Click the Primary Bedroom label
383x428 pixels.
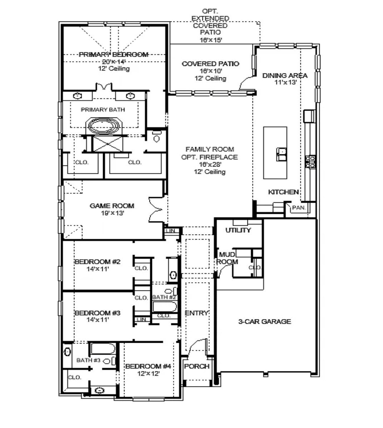pyautogui.click(x=113, y=54)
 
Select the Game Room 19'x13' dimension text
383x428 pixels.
pyautogui.click(x=112, y=213)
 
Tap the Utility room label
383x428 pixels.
pyautogui.click(x=238, y=230)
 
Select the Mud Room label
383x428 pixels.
pyautogui.click(x=227, y=258)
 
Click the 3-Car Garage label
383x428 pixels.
pyautogui.click(x=265, y=321)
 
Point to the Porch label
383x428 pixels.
pyautogui.click(x=196, y=366)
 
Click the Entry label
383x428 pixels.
pyautogui.click(x=196, y=313)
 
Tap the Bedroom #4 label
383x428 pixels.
pyautogui.click(x=148, y=366)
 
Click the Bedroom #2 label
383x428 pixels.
pyautogui.click(x=92, y=262)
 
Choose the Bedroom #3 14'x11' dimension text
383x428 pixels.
pyautogui.click(x=92, y=320)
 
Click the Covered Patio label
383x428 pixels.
pyautogui.click(x=210, y=64)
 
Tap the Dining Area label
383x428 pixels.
pyautogui.click(x=285, y=76)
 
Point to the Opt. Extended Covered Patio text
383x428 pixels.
pyautogui.click(x=210, y=25)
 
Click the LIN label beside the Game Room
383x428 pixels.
pyautogui.click(x=171, y=231)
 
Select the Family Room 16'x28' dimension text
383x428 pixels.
pyautogui.click(x=211, y=164)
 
